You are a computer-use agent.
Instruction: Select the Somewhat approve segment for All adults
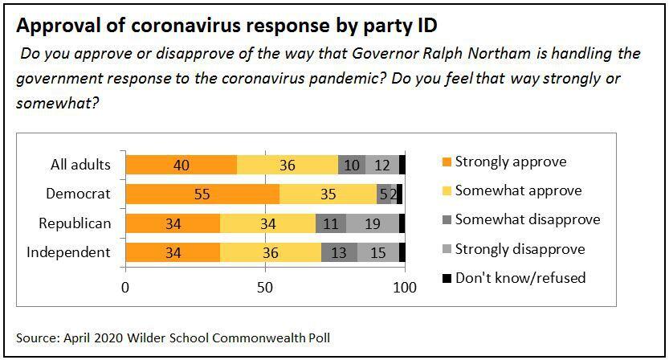coord(288,165)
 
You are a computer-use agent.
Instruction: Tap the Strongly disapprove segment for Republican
coord(373,223)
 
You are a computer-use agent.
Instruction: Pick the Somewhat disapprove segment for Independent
coord(339,252)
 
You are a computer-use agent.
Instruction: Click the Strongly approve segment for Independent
coord(173,252)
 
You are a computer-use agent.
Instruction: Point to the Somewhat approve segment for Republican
coord(267,223)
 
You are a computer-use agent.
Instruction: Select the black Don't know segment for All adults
coord(402,165)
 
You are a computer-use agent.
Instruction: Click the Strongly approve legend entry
coord(510,162)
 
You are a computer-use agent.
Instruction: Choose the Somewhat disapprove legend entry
coord(527,219)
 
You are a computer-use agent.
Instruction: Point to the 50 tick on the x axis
coord(266,287)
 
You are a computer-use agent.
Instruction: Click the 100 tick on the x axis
coord(406,287)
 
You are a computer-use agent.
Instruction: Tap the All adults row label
coord(80,165)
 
